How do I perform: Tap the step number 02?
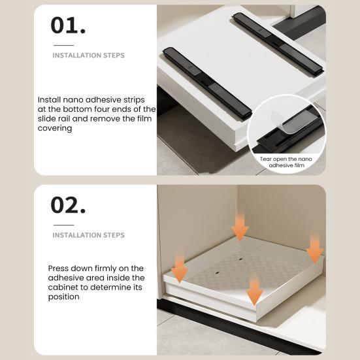[x=68, y=205]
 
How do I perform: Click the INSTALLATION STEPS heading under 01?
[x=88, y=56]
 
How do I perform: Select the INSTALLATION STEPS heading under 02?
[x=88, y=235]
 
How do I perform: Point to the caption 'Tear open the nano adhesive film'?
[x=286, y=162]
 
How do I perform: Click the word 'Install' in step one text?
[x=51, y=99]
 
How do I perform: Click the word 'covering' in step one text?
[x=56, y=129]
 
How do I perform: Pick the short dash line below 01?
[x=63, y=45]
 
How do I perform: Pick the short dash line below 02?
[x=63, y=224]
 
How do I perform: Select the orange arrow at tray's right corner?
[x=315, y=248]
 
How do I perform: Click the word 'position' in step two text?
[x=63, y=297]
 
